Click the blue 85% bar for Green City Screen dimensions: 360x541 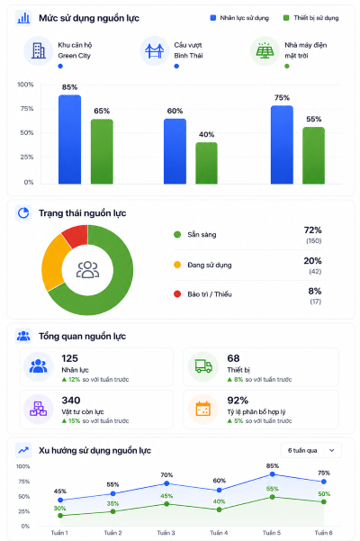pos(69,139)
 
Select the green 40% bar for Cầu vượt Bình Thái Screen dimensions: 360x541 pos(207,163)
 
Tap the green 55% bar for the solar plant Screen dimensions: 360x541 pos(314,155)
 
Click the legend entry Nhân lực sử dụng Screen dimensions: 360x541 pos(239,18)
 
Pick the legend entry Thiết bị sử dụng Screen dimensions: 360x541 pos(310,18)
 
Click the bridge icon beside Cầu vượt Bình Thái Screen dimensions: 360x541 pos(155,51)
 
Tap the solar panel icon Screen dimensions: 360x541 pos(265,51)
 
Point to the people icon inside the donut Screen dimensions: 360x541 pos(87,269)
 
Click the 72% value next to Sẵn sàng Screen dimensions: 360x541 pos(313,230)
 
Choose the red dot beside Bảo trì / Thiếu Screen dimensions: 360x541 pos(177,294)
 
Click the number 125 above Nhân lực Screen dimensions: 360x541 pos(70,358)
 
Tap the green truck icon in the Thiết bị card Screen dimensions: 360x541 pos(203,366)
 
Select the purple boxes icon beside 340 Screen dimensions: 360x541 pos(39,409)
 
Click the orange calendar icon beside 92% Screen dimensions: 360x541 pos(203,409)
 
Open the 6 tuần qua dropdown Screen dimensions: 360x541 pos(311,450)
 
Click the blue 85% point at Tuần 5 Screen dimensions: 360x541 pos(272,474)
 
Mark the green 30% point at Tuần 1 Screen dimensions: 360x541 pos(60,516)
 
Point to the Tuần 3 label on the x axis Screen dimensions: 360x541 pos(166,533)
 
